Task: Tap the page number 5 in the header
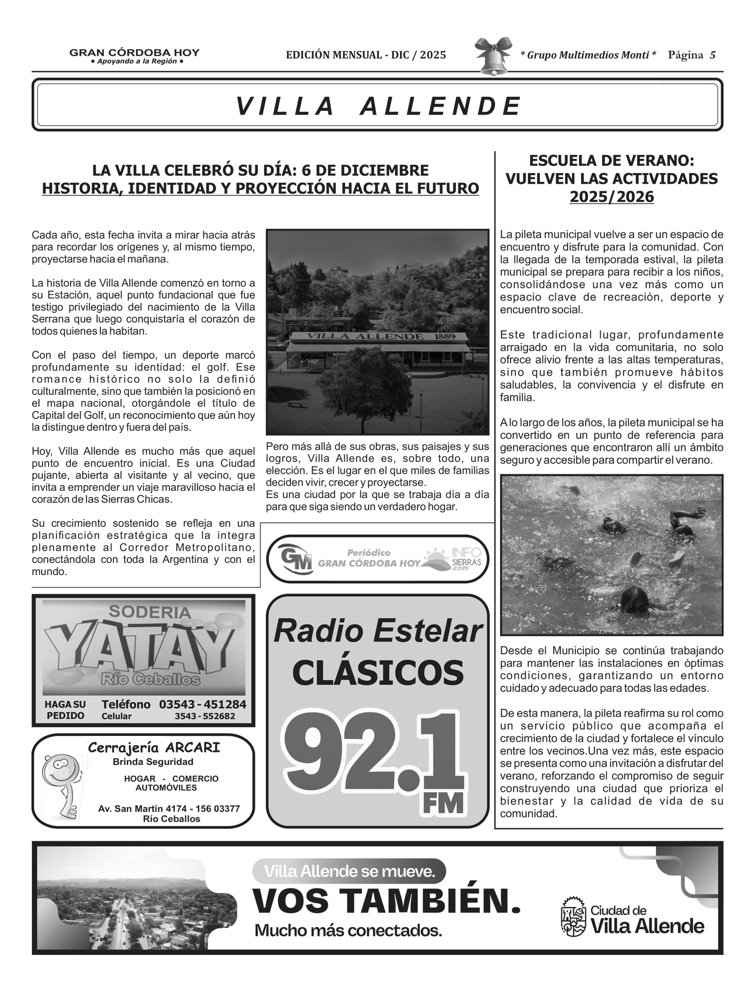click(x=712, y=55)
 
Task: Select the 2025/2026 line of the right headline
click(x=611, y=197)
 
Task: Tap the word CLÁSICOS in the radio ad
click(x=378, y=673)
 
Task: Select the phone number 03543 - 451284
click(x=202, y=704)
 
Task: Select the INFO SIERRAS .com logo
click(x=453, y=559)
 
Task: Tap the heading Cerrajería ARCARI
click(x=154, y=748)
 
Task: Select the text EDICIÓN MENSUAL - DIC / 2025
click(x=366, y=55)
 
